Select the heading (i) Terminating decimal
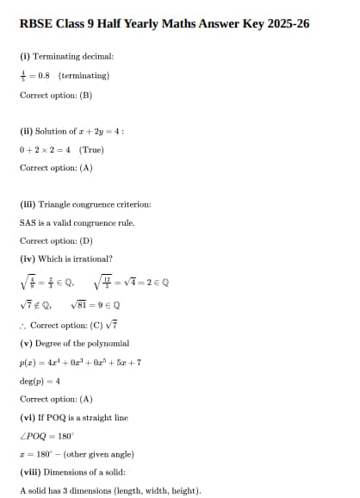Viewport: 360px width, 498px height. (x=66, y=56)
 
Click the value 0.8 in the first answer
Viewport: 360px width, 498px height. (x=44, y=75)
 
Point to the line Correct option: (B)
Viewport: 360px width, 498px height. (x=55, y=94)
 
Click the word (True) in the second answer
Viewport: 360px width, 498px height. (x=91, y=149)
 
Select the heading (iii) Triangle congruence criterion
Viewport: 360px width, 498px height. (x=84, y=205)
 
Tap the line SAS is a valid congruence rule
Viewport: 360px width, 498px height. (x=77, y=223)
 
